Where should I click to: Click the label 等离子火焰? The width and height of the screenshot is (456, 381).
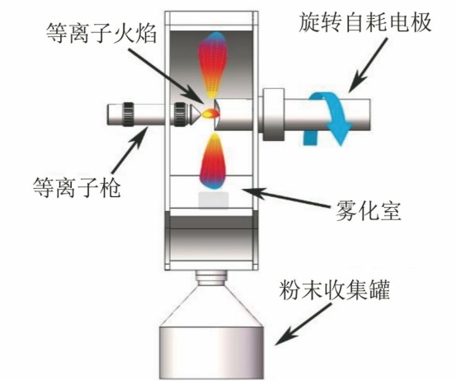click(101, 33)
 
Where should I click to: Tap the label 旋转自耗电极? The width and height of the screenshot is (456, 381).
click(364, 22)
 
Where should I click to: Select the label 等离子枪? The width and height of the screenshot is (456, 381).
click(77, 187)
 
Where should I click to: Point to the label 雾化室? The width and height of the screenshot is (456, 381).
click(369, 210)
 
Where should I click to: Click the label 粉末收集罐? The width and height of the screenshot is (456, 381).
click(335, 289)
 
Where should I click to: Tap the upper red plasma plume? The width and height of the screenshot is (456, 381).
click(212, 64)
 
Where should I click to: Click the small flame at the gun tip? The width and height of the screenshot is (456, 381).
click(210, 113)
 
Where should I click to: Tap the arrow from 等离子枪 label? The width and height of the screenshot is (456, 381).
click(129, 151)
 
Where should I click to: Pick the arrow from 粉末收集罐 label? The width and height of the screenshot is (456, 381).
click(303, 323)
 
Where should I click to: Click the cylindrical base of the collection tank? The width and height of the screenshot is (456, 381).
click(211, 352)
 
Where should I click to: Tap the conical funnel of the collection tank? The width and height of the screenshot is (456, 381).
click(211, 304)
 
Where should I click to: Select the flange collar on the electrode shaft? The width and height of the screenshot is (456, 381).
click(274, 115)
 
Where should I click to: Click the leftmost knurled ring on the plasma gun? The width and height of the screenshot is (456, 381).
click(128, 114)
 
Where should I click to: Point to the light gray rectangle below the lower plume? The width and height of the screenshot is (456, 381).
click(214, 200)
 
